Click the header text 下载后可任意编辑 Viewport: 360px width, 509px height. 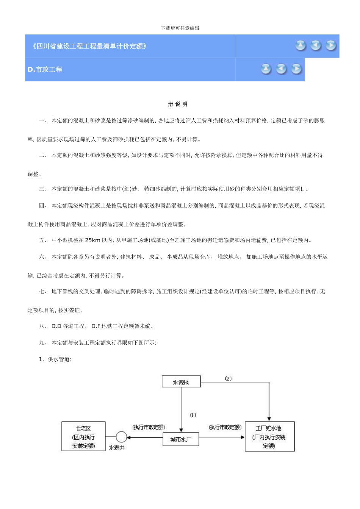click(180, 28)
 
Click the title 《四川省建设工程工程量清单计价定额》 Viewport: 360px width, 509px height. click(89, 46)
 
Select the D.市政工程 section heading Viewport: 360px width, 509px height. click(45, 69)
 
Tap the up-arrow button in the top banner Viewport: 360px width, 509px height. click(301, 45)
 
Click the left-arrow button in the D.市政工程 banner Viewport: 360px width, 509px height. click(281, 69)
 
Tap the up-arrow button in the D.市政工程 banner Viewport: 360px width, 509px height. click(266, 69)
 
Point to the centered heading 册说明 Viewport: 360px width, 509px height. click(178, 104)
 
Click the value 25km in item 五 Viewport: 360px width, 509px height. click(93, 240)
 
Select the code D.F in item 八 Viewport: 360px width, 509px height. click(95, 326)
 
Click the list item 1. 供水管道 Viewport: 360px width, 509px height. click(55, 359)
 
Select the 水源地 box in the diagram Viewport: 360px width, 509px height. click(181, 382)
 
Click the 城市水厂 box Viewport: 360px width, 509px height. click(181, 439)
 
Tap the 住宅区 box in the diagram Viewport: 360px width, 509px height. click(83, 437)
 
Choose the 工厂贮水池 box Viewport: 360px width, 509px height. click(269, 437)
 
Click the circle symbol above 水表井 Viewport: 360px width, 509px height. click(121, 437)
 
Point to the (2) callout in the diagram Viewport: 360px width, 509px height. click(228, 378)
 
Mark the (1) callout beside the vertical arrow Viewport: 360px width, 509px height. click(193, 415)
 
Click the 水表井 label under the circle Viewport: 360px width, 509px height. click(117, 448)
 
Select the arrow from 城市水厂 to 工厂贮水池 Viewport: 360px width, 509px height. click(222, 437)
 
